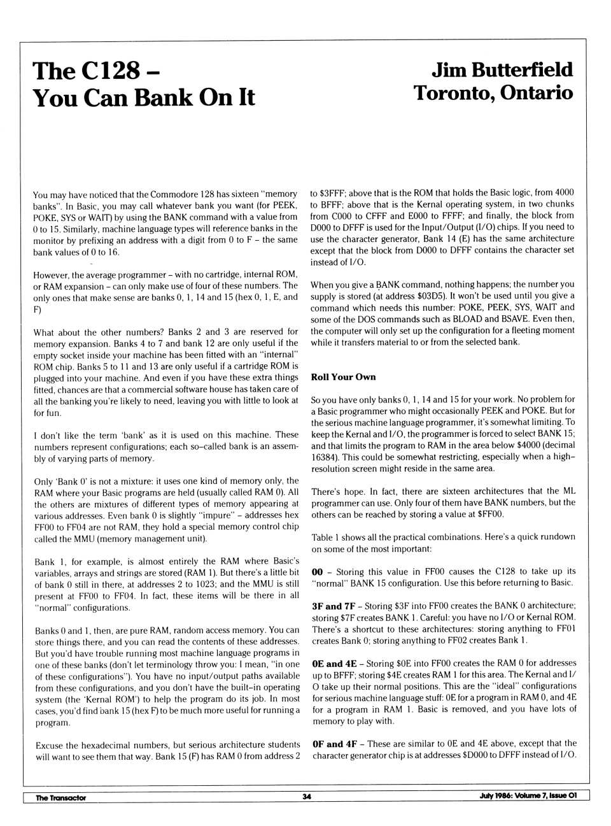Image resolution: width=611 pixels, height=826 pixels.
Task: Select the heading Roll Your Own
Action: (x=343, y=377)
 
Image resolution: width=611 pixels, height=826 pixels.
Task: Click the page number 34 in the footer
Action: (x=306, y=797)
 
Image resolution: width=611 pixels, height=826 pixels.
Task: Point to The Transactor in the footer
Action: (x=60, y=797)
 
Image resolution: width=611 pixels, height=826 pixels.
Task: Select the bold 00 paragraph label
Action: (x=317, y=571)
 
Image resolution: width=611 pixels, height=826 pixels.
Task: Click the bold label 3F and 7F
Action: (x=334, y=606)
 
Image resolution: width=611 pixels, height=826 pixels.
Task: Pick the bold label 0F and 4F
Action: (x=334, y=743)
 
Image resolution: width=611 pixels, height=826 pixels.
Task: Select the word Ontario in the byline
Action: (x=537, y=93)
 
